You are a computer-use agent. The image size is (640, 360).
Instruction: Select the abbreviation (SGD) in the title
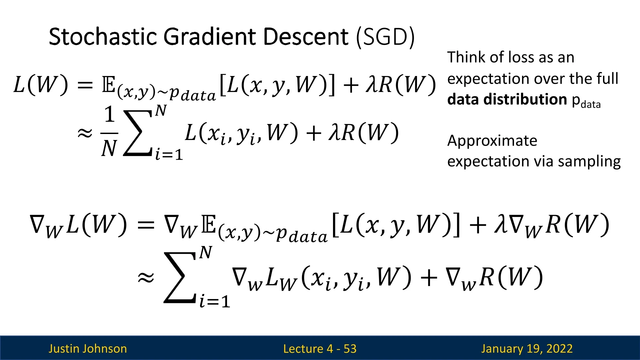tap(385, 37)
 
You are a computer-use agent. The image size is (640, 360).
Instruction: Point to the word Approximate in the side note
tap(492, 141)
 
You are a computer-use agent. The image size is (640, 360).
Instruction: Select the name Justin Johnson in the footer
tap(88, 349)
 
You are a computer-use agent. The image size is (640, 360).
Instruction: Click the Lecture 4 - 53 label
tap(320, 349)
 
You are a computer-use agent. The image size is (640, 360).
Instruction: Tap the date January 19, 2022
tap(527, 349)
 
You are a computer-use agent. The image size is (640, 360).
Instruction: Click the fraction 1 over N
tap(109, 131)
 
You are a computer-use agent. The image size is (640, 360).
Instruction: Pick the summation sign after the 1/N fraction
tap(137, 133)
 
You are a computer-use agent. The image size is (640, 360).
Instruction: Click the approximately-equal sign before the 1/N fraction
tap(85, 133)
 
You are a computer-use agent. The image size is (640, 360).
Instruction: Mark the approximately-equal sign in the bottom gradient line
tap(146, 277)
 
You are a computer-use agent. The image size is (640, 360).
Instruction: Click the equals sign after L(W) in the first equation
tap(85, 85)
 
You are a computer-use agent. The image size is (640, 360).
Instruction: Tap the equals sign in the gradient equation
tap(146, 225)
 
